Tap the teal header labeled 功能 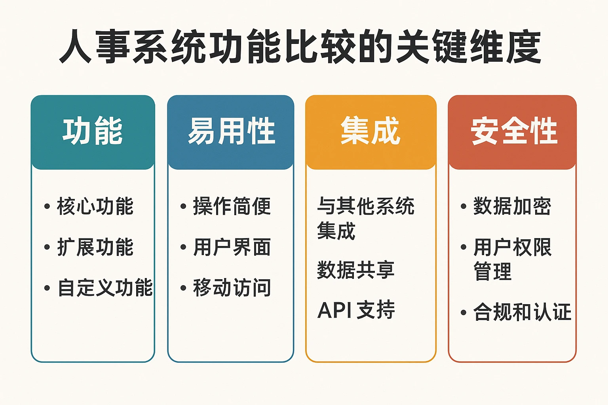(x=93, y=131)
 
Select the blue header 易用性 (x=231, y=131)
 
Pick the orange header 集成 (x=370, y=131)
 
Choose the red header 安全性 (x=514, y=131)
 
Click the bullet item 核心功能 (x=95, y=206)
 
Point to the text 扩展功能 (x=95, y=248)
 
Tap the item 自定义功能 (x=105, y=288)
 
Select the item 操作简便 (x=232, y=206)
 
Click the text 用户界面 (x=232, y=248)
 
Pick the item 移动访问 (x=232, y=288)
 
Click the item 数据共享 (x=355, y=271)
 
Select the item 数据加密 (x=512, y=206)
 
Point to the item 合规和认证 (x=522, y=312)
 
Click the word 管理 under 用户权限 (x=492, y=272)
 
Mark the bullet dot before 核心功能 (x=47, y=206)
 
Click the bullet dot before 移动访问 (x=183, y=288)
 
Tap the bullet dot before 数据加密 (x=464, y=206)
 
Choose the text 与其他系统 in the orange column (x=366, y=206)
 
